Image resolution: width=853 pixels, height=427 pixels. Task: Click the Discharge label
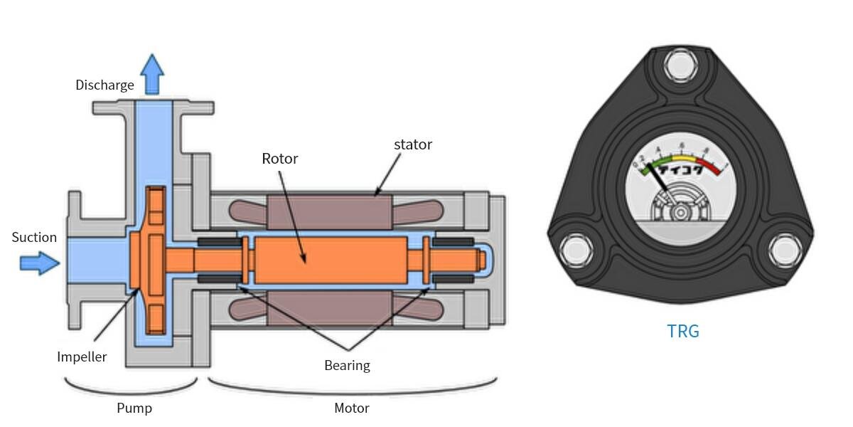coord(104,85)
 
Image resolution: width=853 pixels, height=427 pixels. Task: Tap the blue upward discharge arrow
coord(151,73)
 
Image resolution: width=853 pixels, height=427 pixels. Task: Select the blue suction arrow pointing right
coord(39,263)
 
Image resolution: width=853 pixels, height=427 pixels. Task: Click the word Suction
coord(34,238)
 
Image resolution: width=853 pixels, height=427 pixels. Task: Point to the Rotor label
coord(279,159)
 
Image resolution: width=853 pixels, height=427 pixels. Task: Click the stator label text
coord(412,144)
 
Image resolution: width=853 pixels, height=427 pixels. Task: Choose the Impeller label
coord(82,357)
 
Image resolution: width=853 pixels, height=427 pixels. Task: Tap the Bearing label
coord(347,366)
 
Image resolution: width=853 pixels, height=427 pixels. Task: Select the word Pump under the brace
coord(134,408)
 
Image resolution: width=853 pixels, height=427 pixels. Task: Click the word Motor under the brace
coord(351,408)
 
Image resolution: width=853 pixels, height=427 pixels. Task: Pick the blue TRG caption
coord(683,331)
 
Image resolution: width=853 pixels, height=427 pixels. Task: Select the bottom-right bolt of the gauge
coord(785,251)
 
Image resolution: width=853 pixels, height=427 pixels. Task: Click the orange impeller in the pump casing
coord(154,260)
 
